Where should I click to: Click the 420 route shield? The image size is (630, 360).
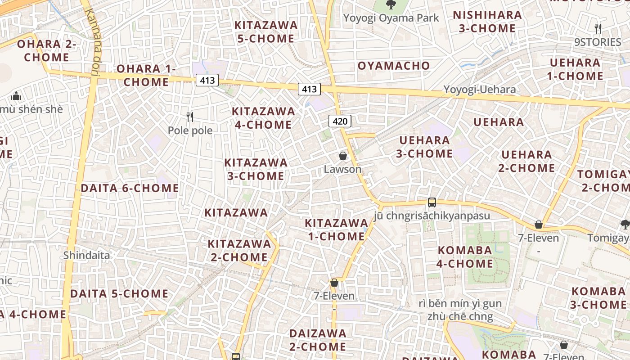(x=340, y=121)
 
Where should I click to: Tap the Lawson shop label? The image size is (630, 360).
(x=342, y=169)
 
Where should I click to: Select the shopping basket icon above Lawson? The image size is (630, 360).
(x=342, y=156)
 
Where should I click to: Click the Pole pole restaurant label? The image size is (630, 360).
(x=190, y=130)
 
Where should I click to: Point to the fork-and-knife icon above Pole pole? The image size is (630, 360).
(x=190, y=117)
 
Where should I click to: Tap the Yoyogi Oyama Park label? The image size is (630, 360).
(x=391, y=18)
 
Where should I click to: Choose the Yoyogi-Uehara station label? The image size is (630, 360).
(x=480, y=90)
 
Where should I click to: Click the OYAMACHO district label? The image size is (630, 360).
(x=394, y=66)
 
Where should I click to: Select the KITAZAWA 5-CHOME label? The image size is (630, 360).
(x=266, y=32)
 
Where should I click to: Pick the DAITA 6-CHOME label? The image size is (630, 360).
(x=130, y=188)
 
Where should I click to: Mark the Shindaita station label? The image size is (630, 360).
(x=86, y=256)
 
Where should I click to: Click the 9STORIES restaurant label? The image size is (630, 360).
(x=598, y=42)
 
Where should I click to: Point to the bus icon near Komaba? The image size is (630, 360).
(x=432, y=202)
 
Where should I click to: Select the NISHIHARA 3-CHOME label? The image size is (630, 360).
(x=487, y=22)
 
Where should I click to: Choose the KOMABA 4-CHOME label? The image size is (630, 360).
(x=465, y=257)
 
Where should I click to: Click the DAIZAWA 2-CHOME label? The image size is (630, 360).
(x=318, y=340)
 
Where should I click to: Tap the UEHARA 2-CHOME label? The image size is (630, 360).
(x=526, y=162)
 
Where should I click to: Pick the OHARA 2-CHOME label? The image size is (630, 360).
(x=47, y=51)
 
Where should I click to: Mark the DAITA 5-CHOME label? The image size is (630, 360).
(x=119, y=294)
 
